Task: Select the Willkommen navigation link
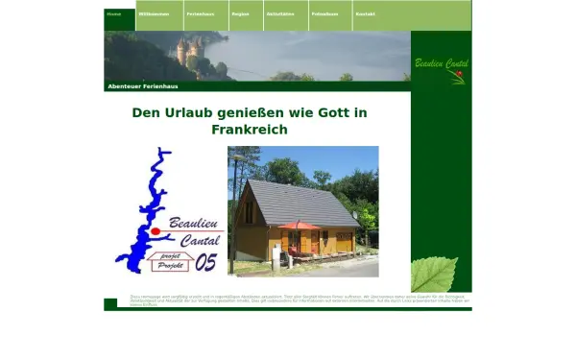pos(153,15)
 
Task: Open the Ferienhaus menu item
pos(202,15)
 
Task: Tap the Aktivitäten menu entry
pos(280,15)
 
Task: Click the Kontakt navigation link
pos(366,15)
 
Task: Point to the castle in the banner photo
pos(188,49)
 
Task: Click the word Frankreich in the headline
pos(249,130)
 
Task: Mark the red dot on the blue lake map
pos(154,231)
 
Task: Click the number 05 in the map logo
pos(206,261)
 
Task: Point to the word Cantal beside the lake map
pos(200,240)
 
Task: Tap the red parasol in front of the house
pos(300,226)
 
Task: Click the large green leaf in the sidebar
pos(434,274)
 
